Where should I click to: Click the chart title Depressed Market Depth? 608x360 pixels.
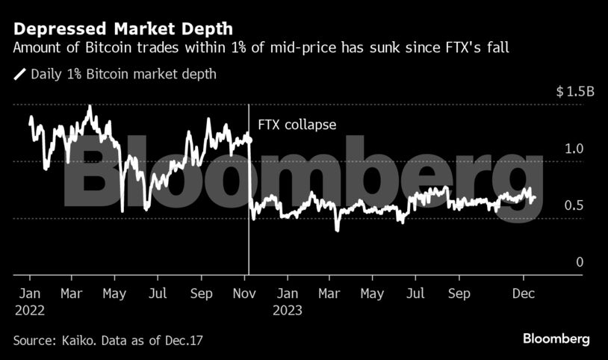[122, 29]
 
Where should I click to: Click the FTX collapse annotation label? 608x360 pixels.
[297, 125]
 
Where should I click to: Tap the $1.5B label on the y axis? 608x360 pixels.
[574, 93]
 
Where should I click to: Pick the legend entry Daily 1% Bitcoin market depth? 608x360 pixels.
[124, 75]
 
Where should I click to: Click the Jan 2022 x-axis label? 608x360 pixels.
[28, 301]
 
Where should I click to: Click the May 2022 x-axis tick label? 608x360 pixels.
[114, 294]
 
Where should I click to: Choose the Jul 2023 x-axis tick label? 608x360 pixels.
[417, 294]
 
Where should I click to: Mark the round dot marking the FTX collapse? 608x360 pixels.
[248, 140]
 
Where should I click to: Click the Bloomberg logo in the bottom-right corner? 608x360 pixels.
[556, 339]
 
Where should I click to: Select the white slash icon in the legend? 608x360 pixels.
[19, 75]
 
